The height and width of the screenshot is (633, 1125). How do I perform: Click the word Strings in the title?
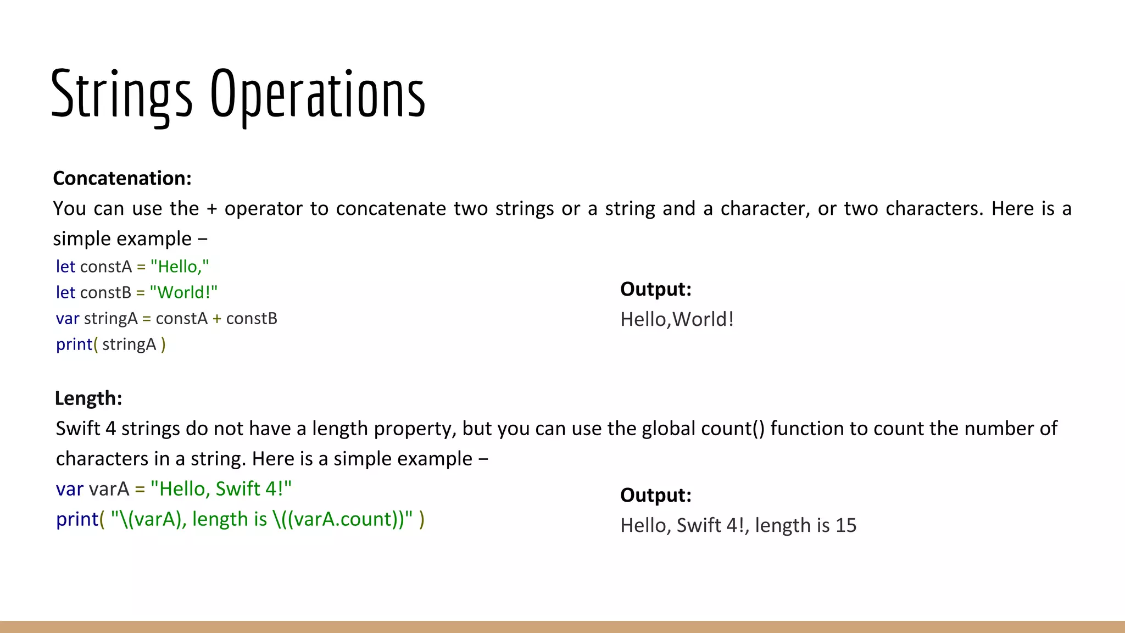point(121,95)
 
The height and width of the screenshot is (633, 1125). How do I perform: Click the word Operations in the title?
point(318,95)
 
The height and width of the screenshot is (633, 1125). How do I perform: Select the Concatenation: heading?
point(122,178)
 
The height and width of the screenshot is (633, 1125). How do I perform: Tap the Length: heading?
point(88,398)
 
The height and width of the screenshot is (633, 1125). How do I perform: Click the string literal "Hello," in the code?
point(180,266)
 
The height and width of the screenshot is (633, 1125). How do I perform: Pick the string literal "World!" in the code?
point(183,292)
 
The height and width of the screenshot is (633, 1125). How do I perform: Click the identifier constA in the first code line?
point(106,266)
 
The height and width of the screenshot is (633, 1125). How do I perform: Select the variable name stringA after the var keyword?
point(110,318)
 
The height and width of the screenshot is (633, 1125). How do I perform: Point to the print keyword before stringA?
point(74,345)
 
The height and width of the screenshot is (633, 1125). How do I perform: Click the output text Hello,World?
point(677,319)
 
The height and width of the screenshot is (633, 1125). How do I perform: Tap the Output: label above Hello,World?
point(655,289)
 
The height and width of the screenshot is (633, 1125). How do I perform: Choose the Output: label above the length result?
point(655,495)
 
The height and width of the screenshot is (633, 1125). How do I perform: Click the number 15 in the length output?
point(846,525)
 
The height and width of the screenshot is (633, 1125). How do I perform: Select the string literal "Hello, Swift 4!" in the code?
point(221,488)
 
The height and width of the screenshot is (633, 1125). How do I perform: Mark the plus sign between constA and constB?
point(217,319)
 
